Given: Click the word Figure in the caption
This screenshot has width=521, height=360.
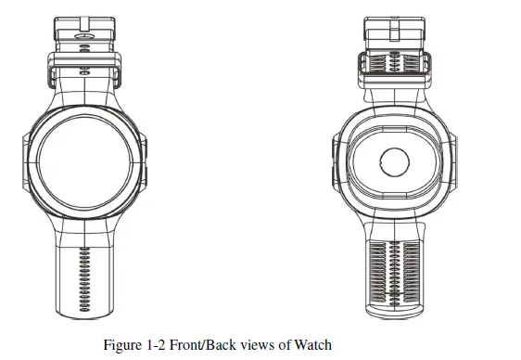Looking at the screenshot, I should pos(123,346).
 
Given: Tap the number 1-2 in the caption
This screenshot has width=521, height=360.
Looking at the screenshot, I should pos(159,346).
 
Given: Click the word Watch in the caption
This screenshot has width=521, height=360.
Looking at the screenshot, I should pos(312,346).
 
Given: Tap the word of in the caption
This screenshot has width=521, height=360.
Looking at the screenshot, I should pos(284,346).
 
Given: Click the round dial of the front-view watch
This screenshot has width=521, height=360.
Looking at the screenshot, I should pos(83,161).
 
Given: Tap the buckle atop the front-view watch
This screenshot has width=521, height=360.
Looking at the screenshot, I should pos(83,30).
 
